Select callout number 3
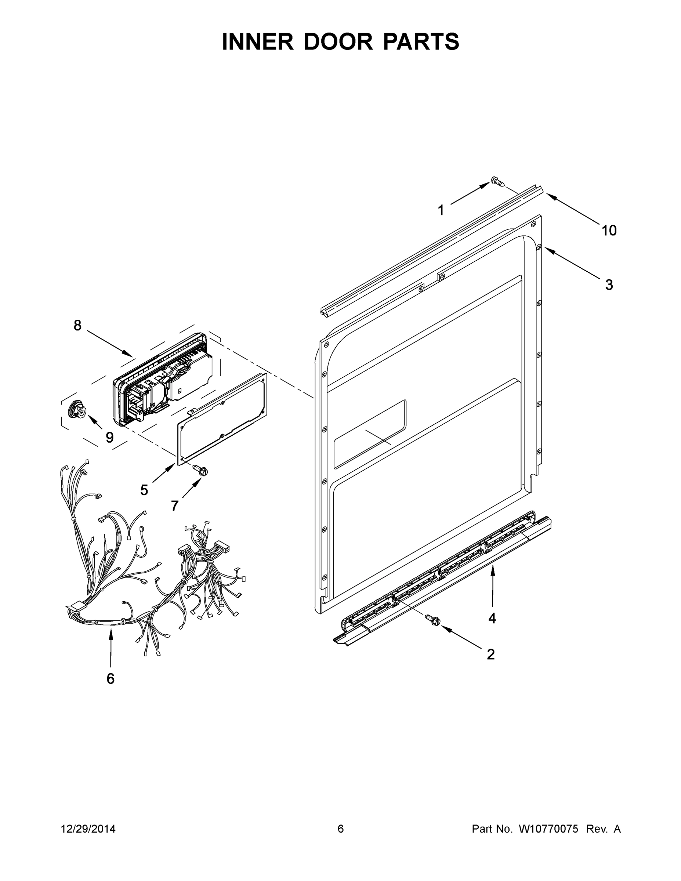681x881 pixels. pos(609,285)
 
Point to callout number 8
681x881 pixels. pos(77,325)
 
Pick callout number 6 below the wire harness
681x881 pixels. pos(111,678)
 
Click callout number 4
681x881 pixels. pos(492,618)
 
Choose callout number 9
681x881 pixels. pos(109,437)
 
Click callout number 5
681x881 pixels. pos(144,490)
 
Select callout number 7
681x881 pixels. pos(175,506)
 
